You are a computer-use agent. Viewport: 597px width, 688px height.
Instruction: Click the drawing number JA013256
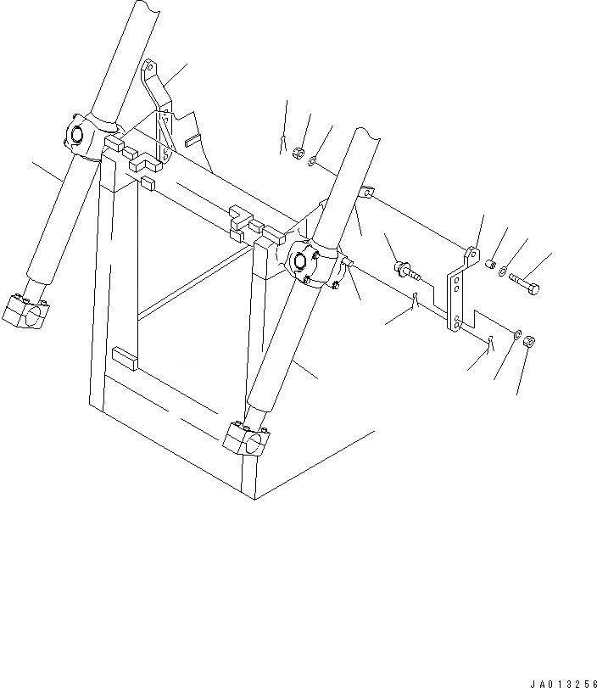[x=564, y=684]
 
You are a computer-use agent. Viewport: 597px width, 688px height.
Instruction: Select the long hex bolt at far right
[x=524, y=283]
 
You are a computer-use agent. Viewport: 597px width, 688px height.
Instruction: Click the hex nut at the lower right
[x=530, y=340]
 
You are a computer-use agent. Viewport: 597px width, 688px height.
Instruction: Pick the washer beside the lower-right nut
[x=517, y=334]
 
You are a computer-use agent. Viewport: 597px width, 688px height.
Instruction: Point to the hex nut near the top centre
[x=298, y=153]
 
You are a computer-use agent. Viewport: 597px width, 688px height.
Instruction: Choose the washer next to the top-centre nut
[x=312, y=161]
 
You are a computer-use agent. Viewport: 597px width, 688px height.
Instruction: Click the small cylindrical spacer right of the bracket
[x=490, y=264]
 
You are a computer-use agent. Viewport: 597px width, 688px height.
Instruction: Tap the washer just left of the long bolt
[x=502, y=272]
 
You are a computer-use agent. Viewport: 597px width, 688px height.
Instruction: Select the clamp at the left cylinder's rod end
[x=25, y=311]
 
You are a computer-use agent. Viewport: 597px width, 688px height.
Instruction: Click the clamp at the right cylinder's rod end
[x=246, y=438]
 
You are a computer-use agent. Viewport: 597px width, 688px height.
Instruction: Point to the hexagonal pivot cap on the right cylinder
[x=300, y=261]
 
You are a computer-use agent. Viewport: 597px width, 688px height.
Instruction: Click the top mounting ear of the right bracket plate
[x=472, y=255]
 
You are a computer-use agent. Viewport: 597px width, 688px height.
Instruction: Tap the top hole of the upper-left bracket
[x=149, y=68]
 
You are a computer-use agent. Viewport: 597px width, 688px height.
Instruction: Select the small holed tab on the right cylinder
[x=366, y=192]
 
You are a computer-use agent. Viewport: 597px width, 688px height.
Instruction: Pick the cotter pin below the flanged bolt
[x=415, y=299]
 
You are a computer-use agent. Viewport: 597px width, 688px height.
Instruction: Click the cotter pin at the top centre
[x=283, y=144]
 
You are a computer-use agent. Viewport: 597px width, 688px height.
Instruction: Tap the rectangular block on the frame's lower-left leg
[x=125, y=358]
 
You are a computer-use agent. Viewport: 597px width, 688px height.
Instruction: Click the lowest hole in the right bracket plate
[x=457, y=325]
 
